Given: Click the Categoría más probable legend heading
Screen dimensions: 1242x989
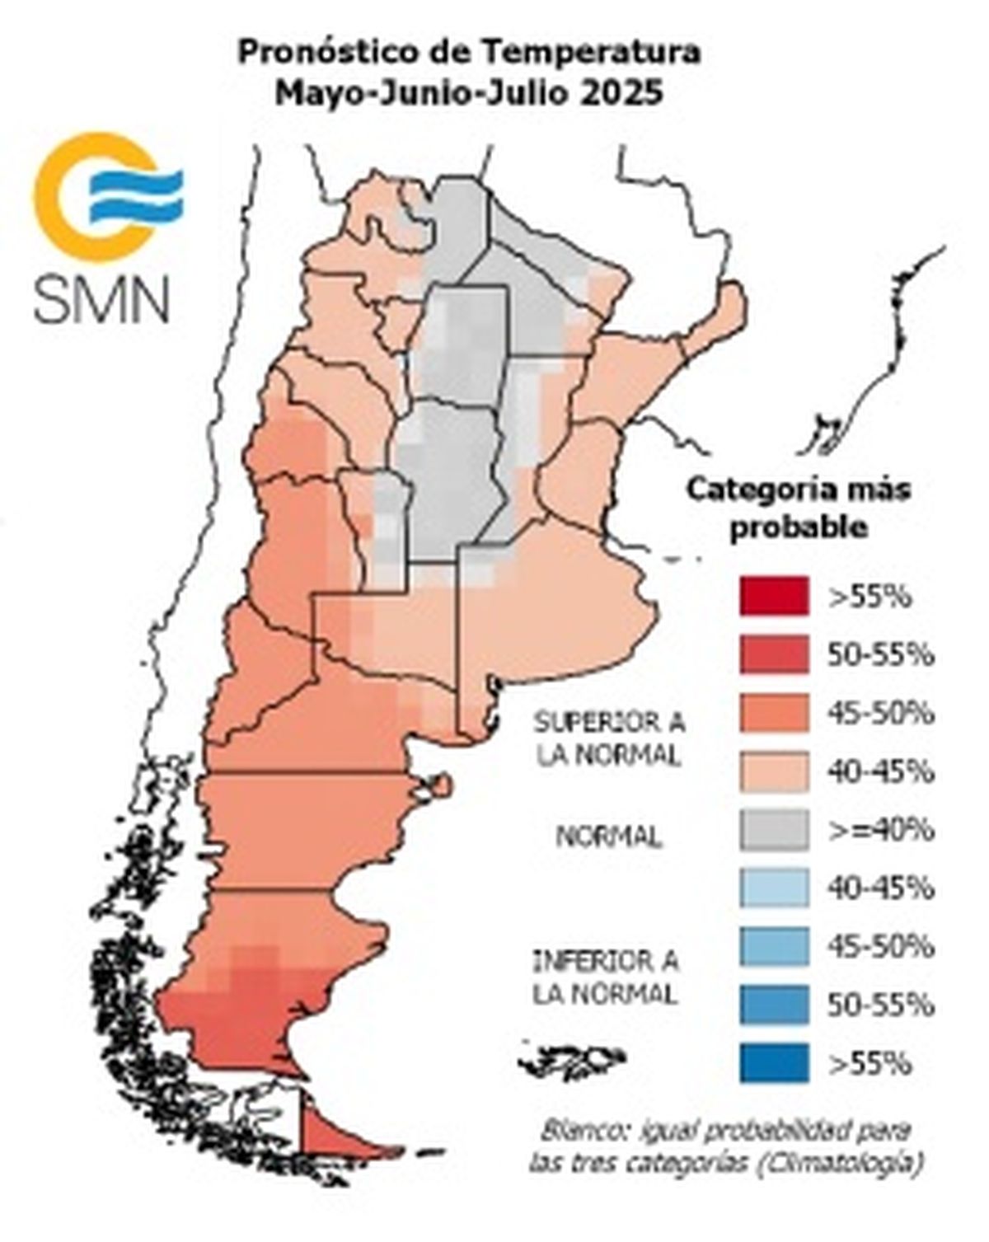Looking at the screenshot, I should [x=799, y=507].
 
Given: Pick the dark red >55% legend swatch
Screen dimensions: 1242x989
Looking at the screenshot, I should [x=773, y=596].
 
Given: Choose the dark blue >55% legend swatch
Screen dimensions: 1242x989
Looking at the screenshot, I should [x=773, y=1062].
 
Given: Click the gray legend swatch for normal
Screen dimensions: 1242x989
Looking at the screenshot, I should [x=773, y=829].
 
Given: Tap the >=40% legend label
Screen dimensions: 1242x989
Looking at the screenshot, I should [x=881, y=829].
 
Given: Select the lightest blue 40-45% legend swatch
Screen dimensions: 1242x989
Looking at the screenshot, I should [x=773, y=888].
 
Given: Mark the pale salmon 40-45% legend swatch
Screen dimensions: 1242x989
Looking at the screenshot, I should [x=773, y=771].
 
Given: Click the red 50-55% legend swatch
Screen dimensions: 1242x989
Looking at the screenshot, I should [x=773, y=654].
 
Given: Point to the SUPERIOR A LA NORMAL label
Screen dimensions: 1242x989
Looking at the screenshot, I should [x=608, y=738].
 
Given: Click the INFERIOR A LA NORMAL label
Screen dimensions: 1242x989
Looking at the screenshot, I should [x=606, y=977].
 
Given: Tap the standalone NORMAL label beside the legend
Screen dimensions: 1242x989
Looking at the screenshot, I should [x=608, y=837].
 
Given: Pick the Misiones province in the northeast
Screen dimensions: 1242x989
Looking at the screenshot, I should [x=721, y=317].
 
